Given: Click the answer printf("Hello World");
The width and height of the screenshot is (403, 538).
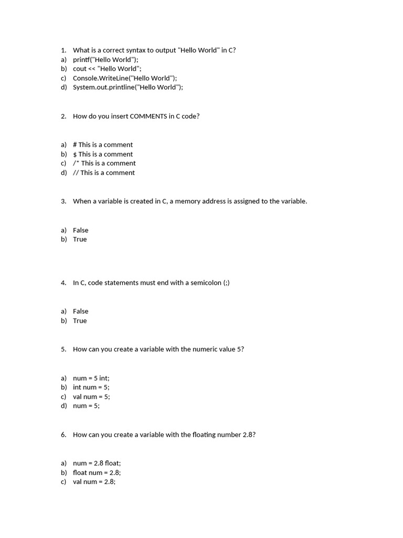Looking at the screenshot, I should click(105, 59).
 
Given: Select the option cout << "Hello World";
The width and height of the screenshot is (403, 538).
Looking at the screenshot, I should click(107, 69).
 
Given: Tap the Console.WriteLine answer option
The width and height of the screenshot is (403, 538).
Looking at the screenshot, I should click(125, 78).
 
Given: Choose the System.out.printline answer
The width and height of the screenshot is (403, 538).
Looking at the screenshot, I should click(128, 87).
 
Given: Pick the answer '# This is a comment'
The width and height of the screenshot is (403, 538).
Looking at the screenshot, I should click(103, 144).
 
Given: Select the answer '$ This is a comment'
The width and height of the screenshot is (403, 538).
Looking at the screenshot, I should click(103, 154).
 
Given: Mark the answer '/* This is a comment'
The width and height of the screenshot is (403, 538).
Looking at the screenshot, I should click(104, 163).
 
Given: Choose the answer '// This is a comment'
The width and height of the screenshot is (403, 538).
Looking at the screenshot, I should click(104, 172).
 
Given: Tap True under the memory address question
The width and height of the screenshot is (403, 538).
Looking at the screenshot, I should click(80, 239).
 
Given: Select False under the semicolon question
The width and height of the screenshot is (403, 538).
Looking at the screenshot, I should click(80, 311).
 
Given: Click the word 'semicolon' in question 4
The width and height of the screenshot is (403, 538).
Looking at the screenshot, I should click(206, 283).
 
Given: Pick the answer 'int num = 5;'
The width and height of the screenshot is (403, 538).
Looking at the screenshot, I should click(91, 387).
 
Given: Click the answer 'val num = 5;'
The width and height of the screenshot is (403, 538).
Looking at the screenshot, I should click(91, 397).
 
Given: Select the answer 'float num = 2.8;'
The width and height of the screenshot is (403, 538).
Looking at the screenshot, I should click(97, 472).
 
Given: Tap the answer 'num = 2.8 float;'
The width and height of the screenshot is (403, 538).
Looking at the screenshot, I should click(97, 463).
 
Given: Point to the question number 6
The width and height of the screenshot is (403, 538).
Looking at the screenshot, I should click(63, 434).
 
